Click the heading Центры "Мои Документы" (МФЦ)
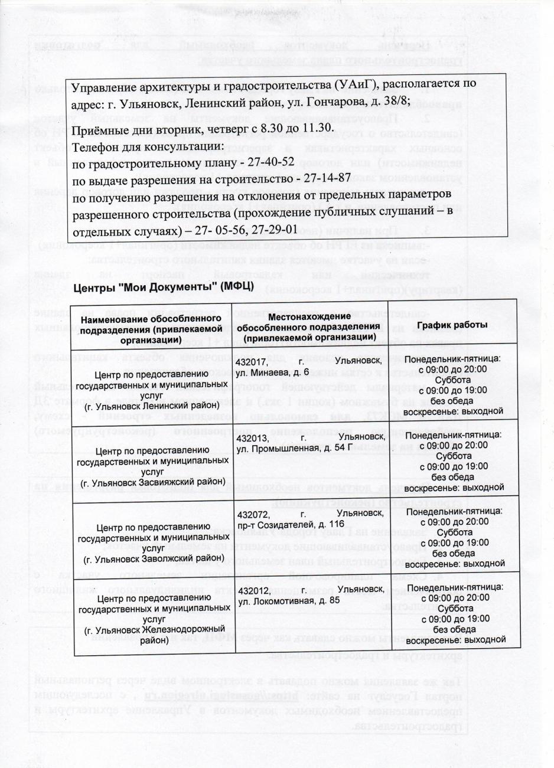click(164, 287)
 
